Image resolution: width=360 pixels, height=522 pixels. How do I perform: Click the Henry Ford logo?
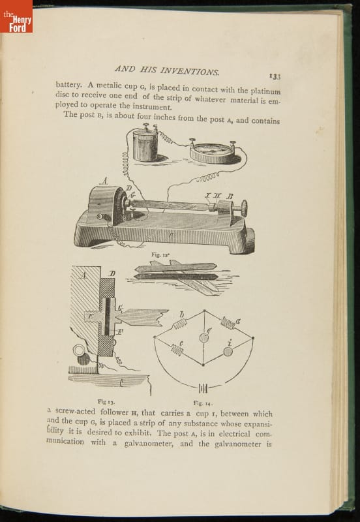tap(16, 16)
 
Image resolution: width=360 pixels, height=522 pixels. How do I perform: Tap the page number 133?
tap(275, 76)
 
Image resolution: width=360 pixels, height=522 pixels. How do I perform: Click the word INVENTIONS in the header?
tap(190, 70)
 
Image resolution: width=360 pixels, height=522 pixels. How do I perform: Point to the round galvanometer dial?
tap(213, 152)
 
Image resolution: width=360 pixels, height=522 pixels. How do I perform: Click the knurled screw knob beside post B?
tap(244, 208)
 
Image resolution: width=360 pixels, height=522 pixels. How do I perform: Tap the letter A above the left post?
tap(104, 181)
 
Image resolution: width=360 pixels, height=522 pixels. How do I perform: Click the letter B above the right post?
tap(230, 196)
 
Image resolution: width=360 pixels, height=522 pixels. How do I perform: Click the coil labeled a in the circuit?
tap(228, 322)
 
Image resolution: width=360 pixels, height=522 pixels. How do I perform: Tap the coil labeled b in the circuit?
tap(179, 324)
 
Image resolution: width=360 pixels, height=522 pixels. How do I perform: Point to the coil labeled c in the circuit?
tap(177, 350)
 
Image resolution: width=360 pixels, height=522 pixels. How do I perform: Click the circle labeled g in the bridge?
tap(204, 337)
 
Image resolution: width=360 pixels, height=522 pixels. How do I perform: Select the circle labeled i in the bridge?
tap(228, 352)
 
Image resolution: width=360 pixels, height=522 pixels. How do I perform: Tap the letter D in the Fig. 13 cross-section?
tap(113, 273)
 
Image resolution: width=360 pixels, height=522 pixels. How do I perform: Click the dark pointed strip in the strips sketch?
tap(176, 276)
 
